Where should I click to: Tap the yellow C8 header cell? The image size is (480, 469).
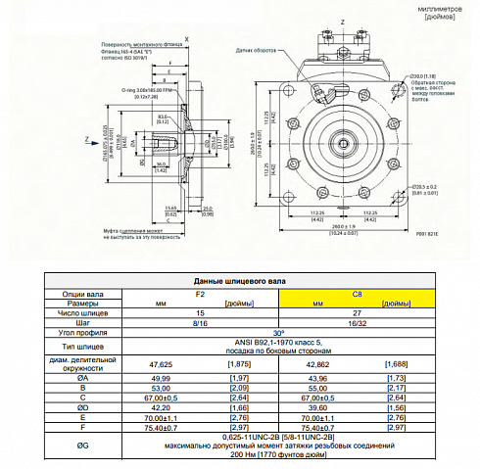pyautogui.click(x=357, y=293)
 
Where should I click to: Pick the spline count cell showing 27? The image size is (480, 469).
pyautogui.click(x=357, y=312)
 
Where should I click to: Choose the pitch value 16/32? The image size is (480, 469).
pyautogui.click(x=357, y=322)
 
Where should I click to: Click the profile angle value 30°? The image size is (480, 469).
pyautogui.click(x=278, y=333)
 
